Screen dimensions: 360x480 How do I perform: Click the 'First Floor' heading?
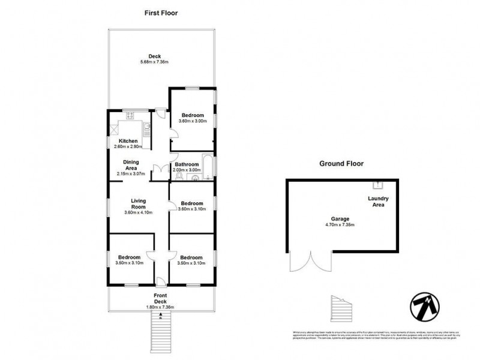click(161, 13)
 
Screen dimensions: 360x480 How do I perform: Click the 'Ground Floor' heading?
click(341, 163)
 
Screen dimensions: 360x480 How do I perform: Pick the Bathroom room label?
click(187, 164)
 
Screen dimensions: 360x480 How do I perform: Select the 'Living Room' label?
click(139, 204)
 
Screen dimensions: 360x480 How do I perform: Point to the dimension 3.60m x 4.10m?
click(139, 212)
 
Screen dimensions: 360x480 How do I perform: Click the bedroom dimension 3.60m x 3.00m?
click(192, 121)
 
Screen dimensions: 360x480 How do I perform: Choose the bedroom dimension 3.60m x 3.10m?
click(192, 209)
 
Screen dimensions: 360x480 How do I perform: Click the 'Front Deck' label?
click(160, 298)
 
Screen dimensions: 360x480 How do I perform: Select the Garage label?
click(340, 219)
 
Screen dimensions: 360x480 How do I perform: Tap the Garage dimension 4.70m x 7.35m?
click(340, 226)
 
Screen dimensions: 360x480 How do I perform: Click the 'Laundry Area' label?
click(379, 202)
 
